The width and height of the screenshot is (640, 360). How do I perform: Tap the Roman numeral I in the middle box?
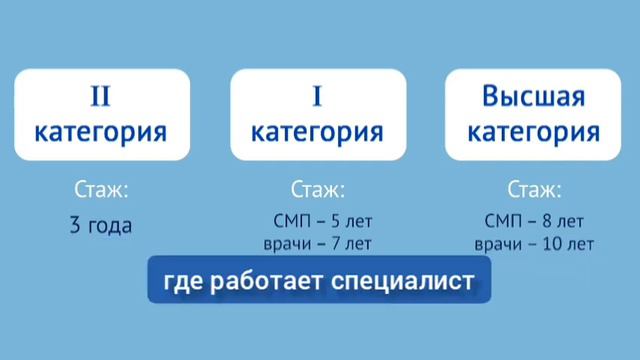(317, 98)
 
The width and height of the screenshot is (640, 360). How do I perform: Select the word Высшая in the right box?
(534, 98)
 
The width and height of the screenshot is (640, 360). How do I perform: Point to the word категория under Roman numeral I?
(317, 131)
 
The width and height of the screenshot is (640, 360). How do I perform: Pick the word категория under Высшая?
(534, 131)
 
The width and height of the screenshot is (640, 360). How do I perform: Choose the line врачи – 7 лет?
(315, 243)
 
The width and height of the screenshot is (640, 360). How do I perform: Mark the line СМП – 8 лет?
(534, 220)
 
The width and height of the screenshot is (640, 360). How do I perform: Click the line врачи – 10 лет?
(534, 243)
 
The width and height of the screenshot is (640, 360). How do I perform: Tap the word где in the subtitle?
(183, 283)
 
